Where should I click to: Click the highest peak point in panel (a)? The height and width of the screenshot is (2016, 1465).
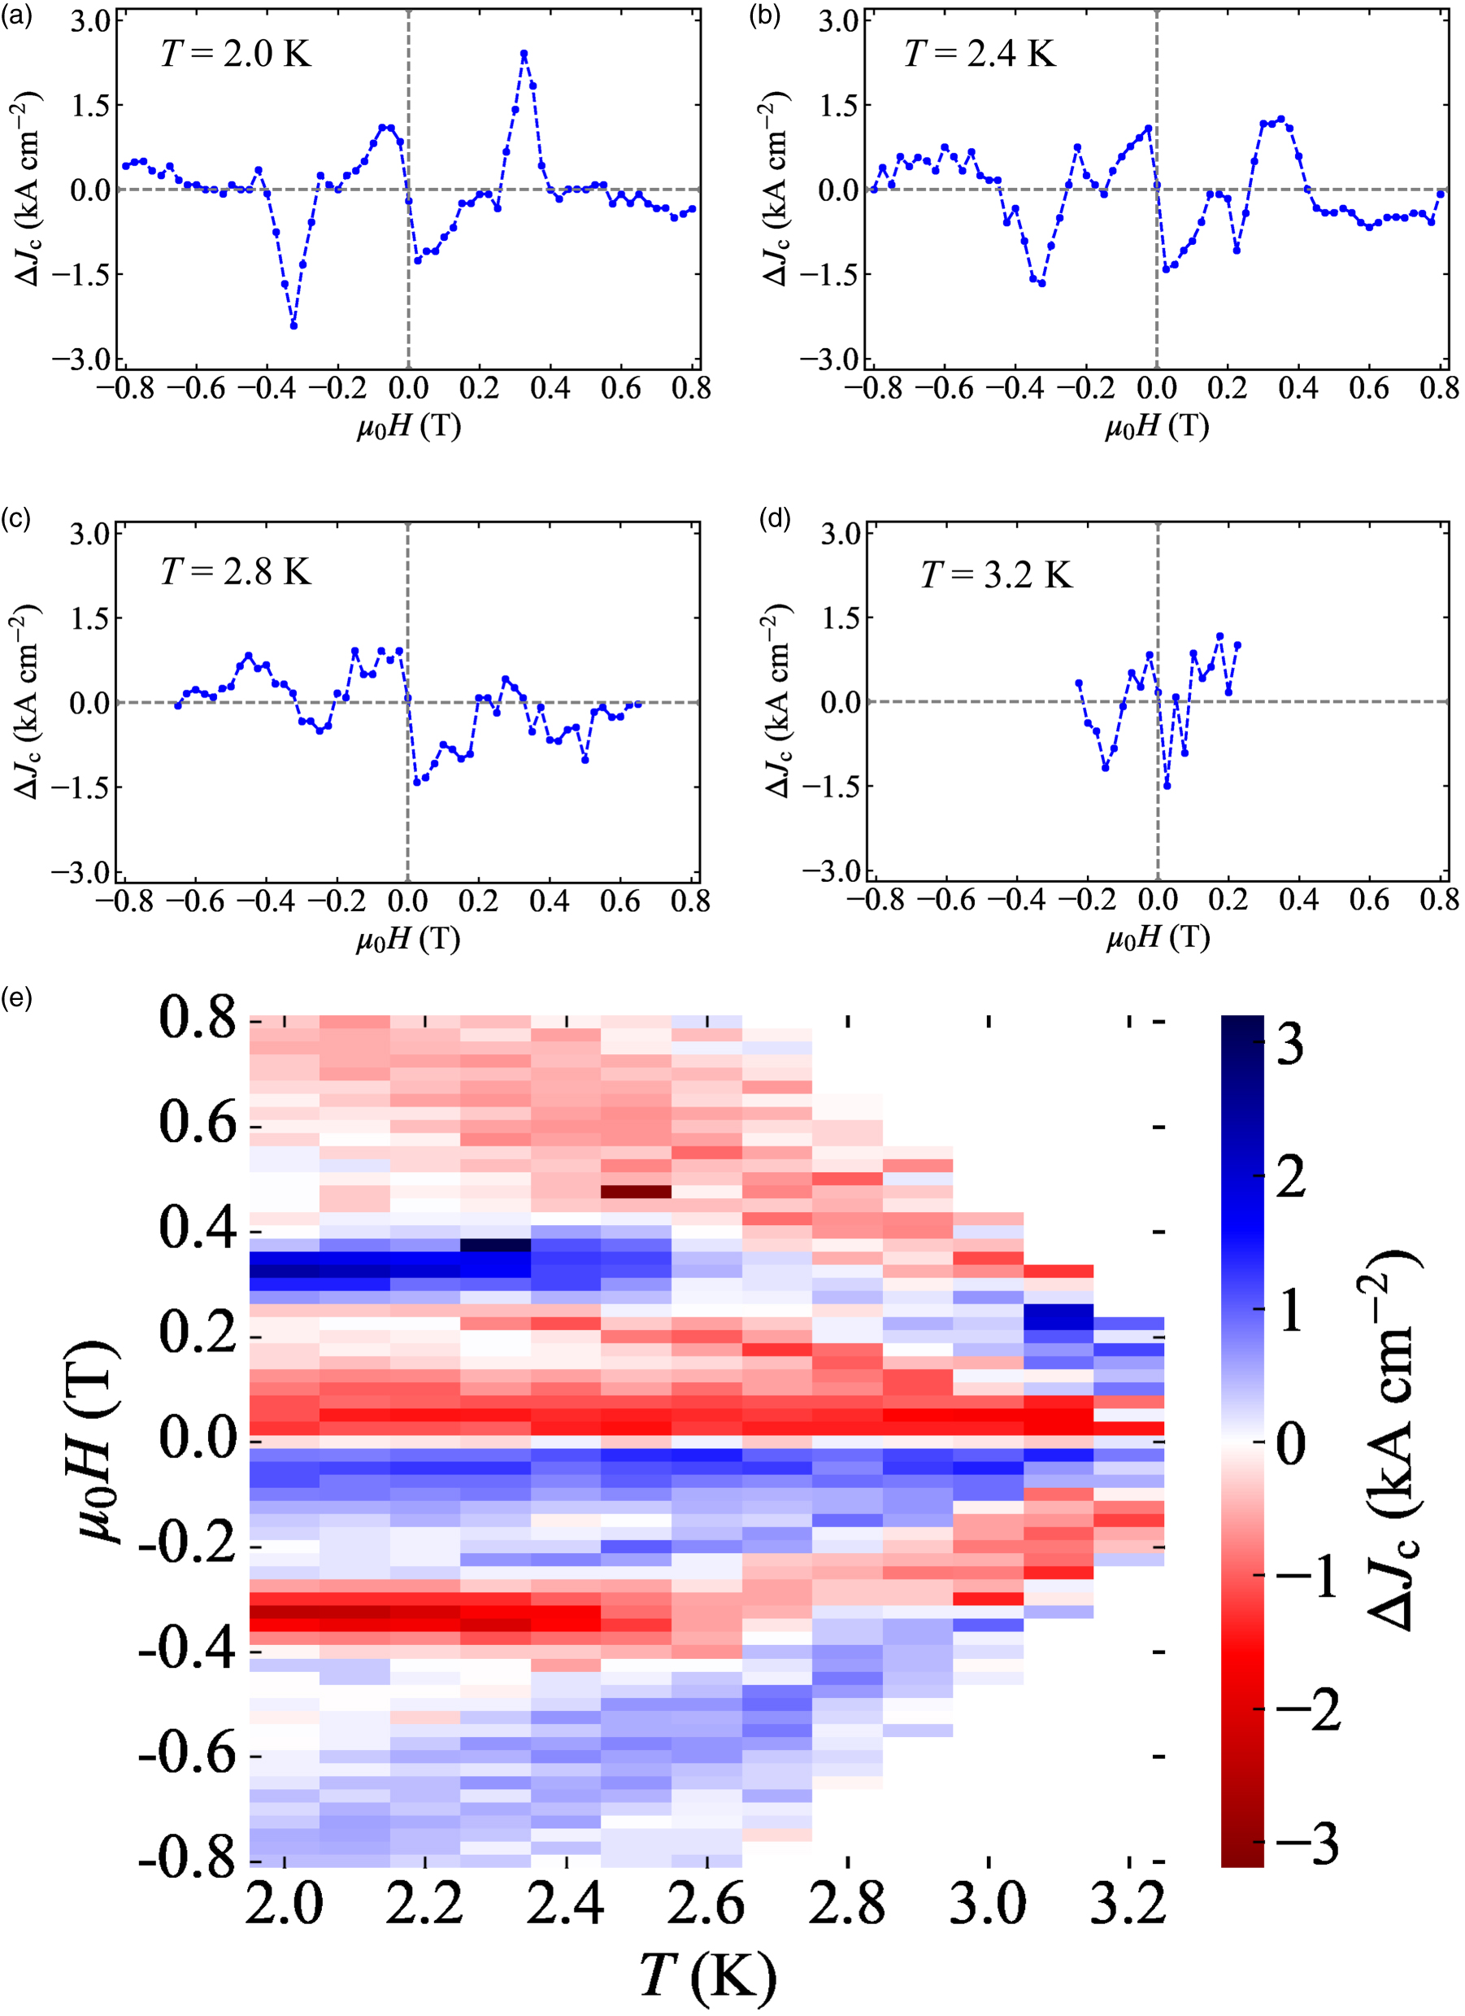[x=524, y=55]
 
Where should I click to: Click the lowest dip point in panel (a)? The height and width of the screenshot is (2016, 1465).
[x=294, y=326]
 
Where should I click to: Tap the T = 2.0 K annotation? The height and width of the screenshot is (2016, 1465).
[x=237, y=55]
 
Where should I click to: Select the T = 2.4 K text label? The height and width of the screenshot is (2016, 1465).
[x=980, y=55]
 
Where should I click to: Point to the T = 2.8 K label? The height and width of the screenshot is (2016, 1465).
[x=237, y=572]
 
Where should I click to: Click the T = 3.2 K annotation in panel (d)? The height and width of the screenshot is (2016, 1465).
[x=996, y=575]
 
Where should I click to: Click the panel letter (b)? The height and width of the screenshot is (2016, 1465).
[x=765, y=17]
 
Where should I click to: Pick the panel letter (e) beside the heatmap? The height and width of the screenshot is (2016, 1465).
[x=17, y=998]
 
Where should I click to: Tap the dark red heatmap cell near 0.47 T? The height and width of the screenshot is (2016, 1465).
[x=635, y=1192]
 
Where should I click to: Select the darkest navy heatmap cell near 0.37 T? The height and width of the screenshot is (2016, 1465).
[x=495, y=1246]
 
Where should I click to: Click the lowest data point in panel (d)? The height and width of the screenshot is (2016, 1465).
[x=1167, y=786]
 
